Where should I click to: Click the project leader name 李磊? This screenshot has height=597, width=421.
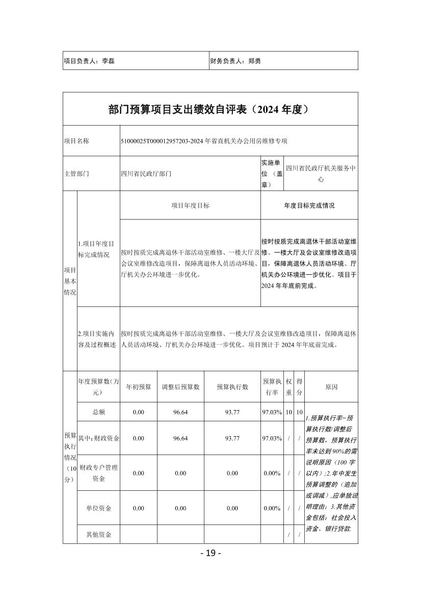[108, 61]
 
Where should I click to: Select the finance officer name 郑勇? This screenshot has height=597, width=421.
[254, 61]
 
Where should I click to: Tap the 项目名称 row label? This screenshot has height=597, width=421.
[76, 141]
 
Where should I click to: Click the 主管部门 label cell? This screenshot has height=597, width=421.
[76, 174]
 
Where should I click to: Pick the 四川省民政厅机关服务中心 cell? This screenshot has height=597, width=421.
[321, 174]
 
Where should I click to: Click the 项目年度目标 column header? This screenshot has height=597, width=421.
[190, 205]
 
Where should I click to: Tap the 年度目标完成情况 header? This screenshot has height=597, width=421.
[309, 205]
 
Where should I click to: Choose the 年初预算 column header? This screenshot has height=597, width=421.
[138, 387]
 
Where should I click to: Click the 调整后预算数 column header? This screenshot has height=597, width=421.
[180, 387]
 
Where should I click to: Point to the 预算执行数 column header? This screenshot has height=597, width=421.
[232, 387]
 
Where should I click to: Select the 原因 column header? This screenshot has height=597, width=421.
[331, 387]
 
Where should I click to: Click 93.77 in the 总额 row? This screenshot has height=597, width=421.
[232, 412]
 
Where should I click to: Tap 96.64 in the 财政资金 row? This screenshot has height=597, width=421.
[180, 438]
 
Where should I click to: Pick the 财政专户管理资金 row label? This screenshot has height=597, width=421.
[98, 473]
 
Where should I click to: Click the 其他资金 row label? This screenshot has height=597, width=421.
[98, 535]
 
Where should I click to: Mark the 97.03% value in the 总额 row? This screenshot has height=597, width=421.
[272, 412]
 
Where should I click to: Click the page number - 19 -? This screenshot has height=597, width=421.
[210, 553]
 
